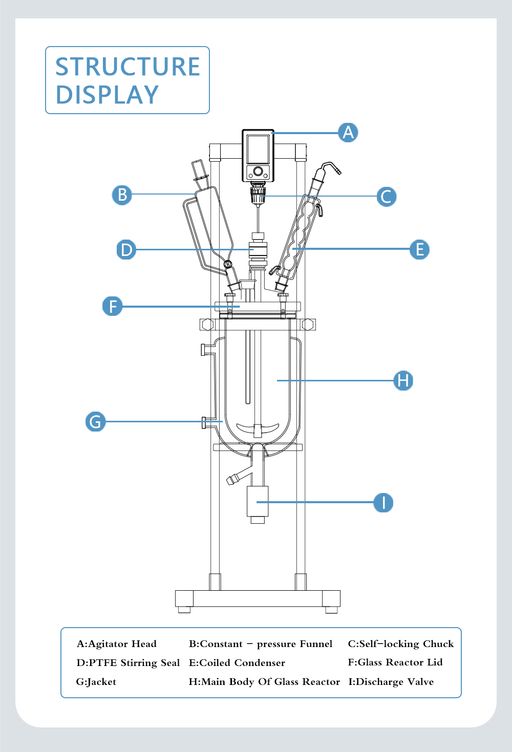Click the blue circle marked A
coord(348,133)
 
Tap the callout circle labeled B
coord(122,195)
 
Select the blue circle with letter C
coord(386,197)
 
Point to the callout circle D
coord(126,250)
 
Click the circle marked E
coord(419,250)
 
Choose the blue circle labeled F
coord(113,306)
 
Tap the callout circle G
coord(95,422)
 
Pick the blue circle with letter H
coord(403,381)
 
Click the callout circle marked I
coord(383,503)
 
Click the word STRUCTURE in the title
coord(127,67)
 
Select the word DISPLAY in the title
coord(107,95)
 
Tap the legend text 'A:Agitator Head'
coord(117,644)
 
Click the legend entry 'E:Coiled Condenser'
coord(237,663)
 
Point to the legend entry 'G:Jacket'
coord(96,682)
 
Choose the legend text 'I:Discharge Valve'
coord(391,682)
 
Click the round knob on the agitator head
coord(258,171)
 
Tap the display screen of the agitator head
coord(258,149)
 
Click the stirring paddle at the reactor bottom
coord(258,428)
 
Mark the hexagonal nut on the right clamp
coord(308,325)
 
